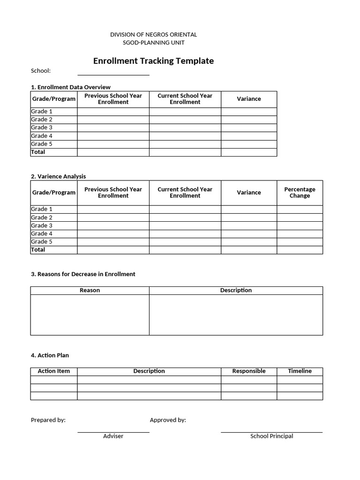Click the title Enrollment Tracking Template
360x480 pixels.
pos(153,61)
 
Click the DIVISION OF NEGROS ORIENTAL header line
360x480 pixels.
pos(153,35)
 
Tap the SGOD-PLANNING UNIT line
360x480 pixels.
pos(153,43)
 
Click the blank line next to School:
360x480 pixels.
pos(113,74)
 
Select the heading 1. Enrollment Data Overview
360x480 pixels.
pos(71,87)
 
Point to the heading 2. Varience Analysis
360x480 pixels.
pos(59,176)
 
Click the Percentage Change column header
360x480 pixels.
pos(300,193)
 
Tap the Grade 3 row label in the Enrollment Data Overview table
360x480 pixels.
pos(42,127)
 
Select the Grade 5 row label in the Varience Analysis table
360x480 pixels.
pos(42,242)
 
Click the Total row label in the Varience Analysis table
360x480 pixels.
pos(38,250)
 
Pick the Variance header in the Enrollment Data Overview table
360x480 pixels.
pos(249,99)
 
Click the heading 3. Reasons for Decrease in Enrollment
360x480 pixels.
pos(83,274)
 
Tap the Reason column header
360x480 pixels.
pos(90,291)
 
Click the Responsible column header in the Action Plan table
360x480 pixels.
pos(249,371)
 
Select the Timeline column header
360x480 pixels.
pos(300,371)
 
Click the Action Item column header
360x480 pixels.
pos(54,371)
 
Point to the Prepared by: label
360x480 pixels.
pos(48,420)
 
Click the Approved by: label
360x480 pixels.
pos(168,420)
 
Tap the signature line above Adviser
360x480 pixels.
pos(113,432)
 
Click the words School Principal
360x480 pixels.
pos(271,436)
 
